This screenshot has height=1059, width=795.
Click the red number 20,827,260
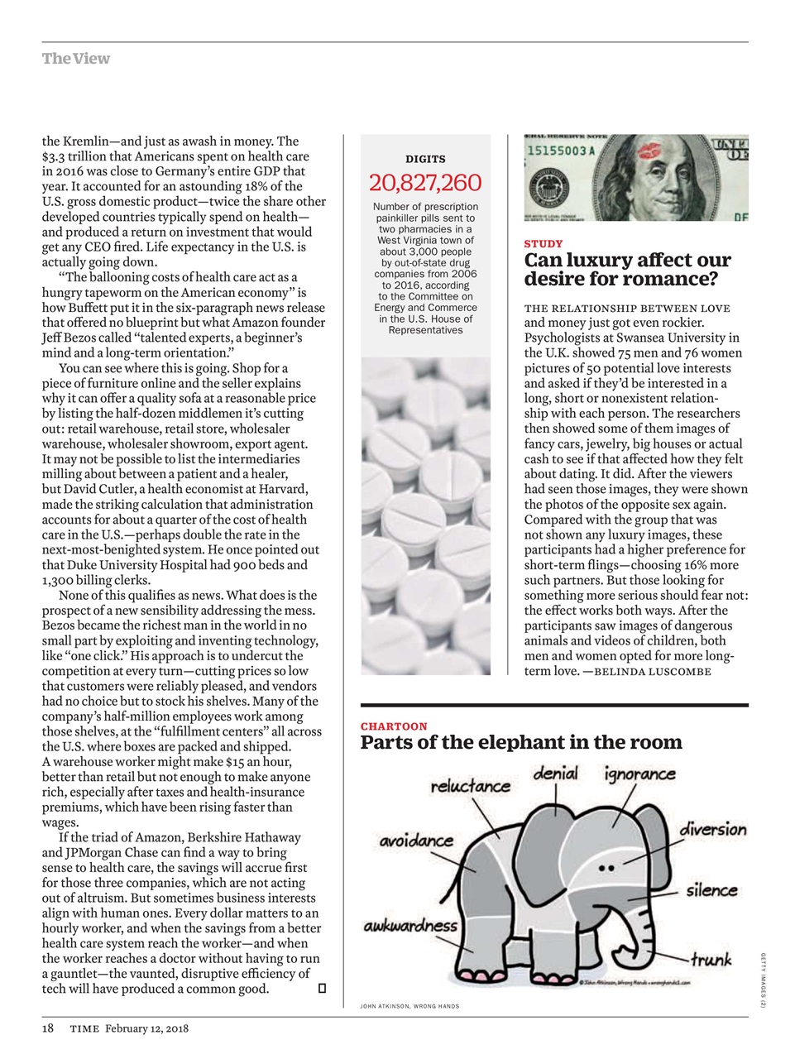[424, 183]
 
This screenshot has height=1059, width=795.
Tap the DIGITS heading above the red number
[425, 159]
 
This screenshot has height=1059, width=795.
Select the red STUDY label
[544, 244]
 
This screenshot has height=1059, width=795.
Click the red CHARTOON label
[394, 726]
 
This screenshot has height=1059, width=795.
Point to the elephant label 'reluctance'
[470, 786]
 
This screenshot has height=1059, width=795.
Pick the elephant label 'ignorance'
[639, 774]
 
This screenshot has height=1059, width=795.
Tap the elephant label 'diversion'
[712, 829]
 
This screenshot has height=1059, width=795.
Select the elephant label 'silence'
[711, 890]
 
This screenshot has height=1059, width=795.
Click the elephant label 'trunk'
[711, 960]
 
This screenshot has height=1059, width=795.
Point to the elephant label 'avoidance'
[416, 841]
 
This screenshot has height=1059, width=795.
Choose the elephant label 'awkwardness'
[409, 926]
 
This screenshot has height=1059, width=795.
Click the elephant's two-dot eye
[606, 869]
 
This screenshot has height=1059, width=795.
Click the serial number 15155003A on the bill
[562, 151]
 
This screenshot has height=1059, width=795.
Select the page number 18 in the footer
[48, 1028]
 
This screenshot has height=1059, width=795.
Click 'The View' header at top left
[75, 59]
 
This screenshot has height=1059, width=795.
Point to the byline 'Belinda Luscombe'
[653, 671]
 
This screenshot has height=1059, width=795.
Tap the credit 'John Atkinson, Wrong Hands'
[409, 1006]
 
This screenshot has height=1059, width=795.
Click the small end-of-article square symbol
[322, 989]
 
